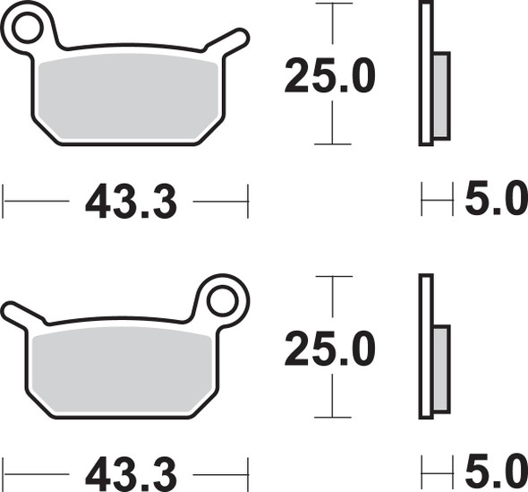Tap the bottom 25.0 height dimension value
coord(328,349)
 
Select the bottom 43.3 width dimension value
coord(131,471)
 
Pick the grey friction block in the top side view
coord(441,95)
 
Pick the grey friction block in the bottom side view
coord(441,367)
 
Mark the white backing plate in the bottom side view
coord(426,345)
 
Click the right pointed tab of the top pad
coord(235,37)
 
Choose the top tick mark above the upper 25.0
coord(332,4)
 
